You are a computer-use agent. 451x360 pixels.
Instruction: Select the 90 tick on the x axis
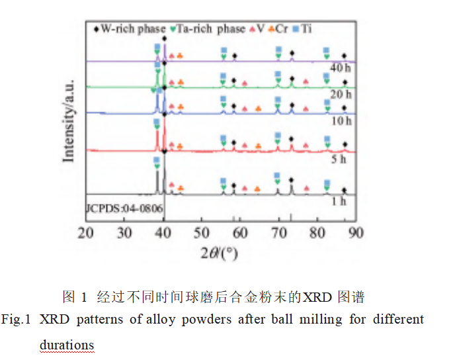pos(356,233)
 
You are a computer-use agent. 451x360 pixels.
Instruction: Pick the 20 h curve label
pos(341,95)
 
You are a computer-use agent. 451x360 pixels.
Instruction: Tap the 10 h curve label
pos(341,120)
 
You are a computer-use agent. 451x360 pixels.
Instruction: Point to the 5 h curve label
pos(339,159)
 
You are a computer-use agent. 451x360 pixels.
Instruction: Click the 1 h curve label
pos(339,201)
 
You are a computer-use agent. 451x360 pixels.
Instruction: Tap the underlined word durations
pos(67,344)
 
